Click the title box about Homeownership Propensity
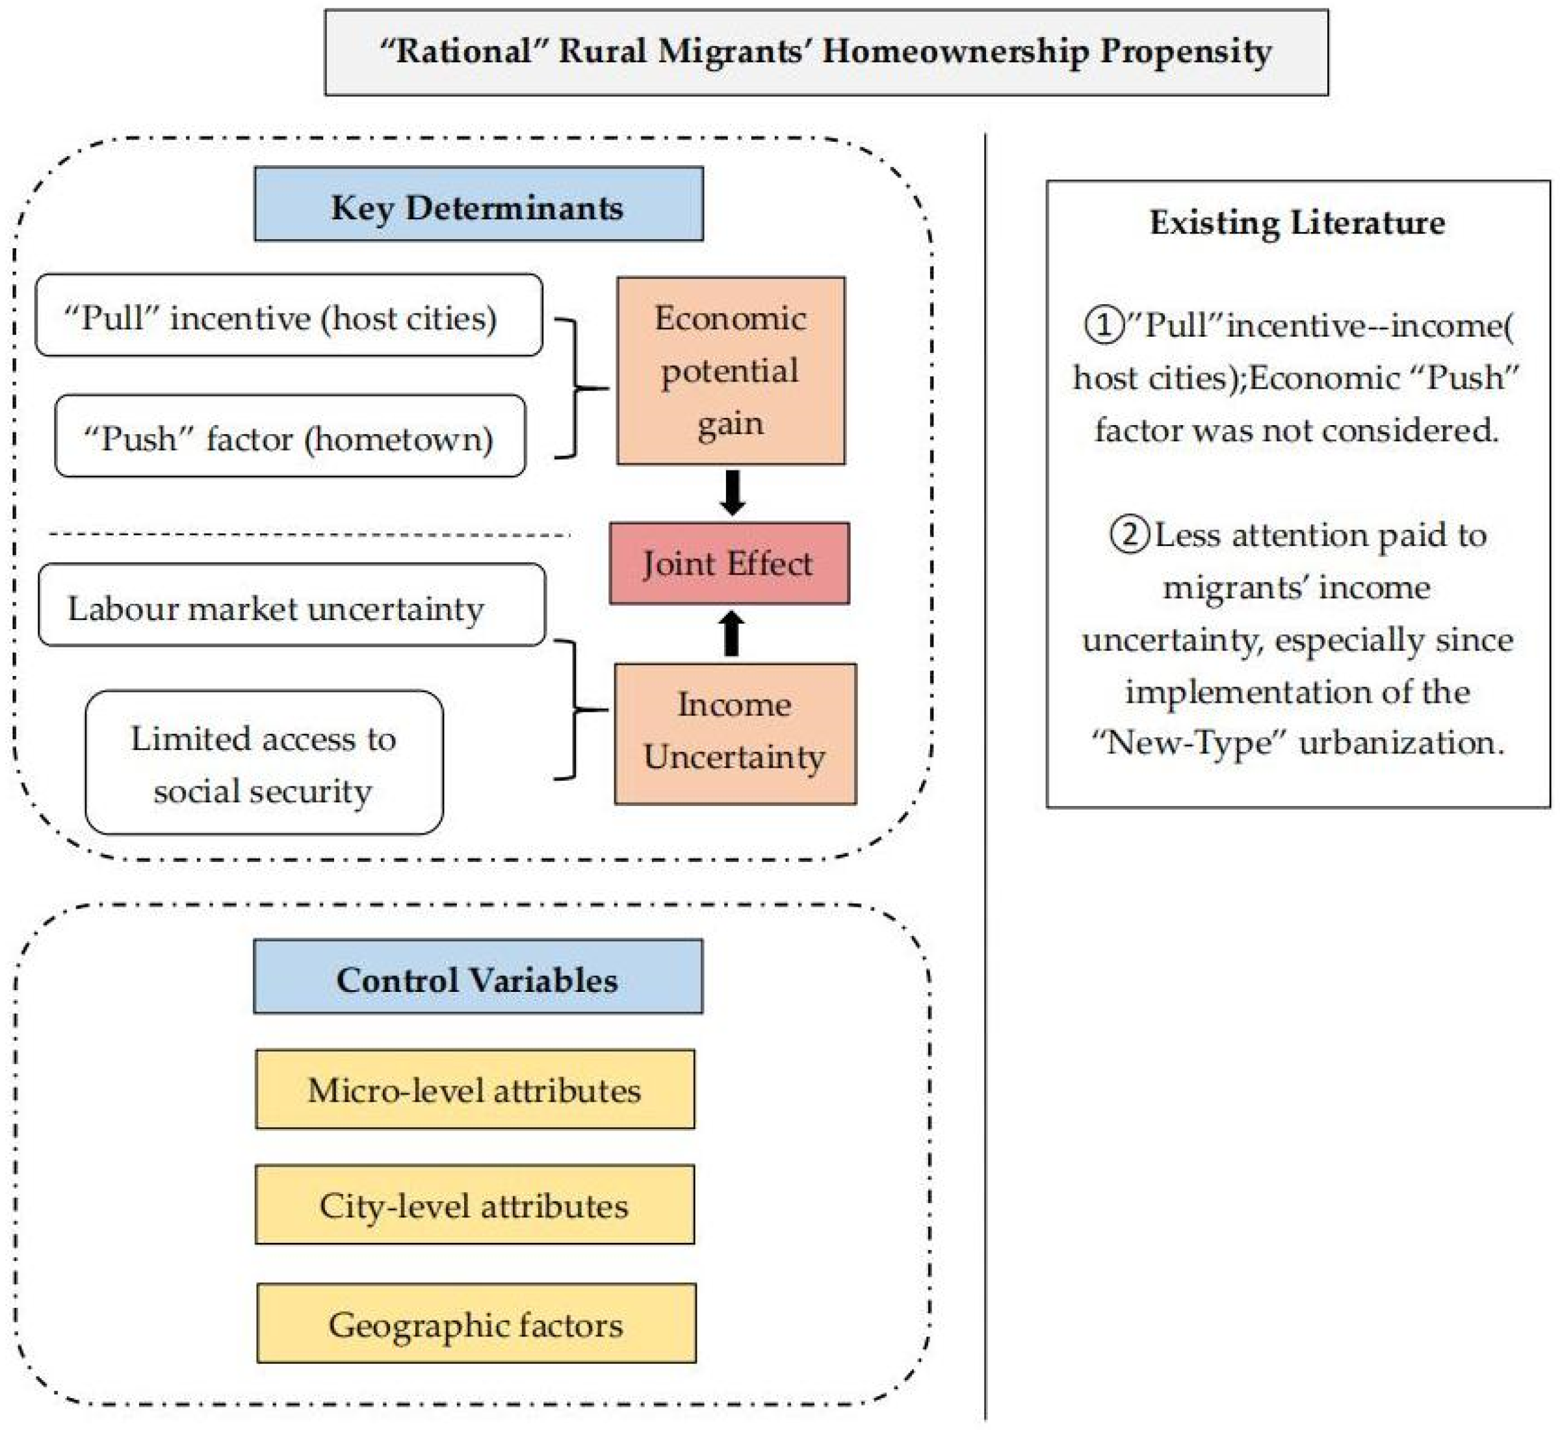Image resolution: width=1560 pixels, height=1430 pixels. (825, 53)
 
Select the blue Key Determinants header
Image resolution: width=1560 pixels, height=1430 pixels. (478, 204)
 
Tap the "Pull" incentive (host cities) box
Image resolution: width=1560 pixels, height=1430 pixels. (289, 316)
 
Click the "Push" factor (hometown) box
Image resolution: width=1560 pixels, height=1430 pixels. (290, 436)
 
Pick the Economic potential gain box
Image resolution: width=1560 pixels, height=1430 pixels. (731, 370)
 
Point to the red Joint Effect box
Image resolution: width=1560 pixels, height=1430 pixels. (729, 564)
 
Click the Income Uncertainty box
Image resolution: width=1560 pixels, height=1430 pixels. (735, 733)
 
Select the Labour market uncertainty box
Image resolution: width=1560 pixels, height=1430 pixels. (291, 605)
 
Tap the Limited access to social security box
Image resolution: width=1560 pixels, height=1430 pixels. (264, 763)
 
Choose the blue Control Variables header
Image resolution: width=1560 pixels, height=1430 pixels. (478, 976)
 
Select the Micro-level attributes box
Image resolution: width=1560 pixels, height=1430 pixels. (474, 1089)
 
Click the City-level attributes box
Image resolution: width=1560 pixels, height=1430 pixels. (474, 1205)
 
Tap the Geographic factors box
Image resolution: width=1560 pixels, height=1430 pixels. (476, 1324)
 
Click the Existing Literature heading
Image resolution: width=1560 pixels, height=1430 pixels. (1297, 223)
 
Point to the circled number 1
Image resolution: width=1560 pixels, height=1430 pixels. (1104, 326)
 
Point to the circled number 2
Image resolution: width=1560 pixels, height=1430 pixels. (1130, 536)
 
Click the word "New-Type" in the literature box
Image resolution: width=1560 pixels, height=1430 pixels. (1189, 744)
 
